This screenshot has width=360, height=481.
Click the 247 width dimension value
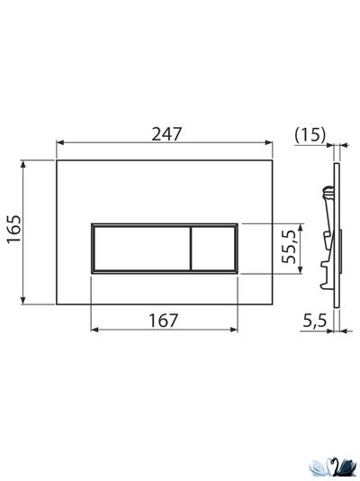[x=166, y=133]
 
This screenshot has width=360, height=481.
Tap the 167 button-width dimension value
[x=164, y=319]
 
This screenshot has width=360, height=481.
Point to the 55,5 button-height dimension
[x=288, y=245]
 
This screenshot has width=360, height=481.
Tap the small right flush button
[x=213, y=247]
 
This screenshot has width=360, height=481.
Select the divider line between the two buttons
[x=189, y=247]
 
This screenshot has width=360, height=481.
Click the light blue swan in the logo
[x=320, y=467]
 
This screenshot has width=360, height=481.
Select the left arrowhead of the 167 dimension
[x=94, y=330]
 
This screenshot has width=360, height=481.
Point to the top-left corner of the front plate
[x=57, y=162]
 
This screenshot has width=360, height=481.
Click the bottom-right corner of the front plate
[x=274, y=304]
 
